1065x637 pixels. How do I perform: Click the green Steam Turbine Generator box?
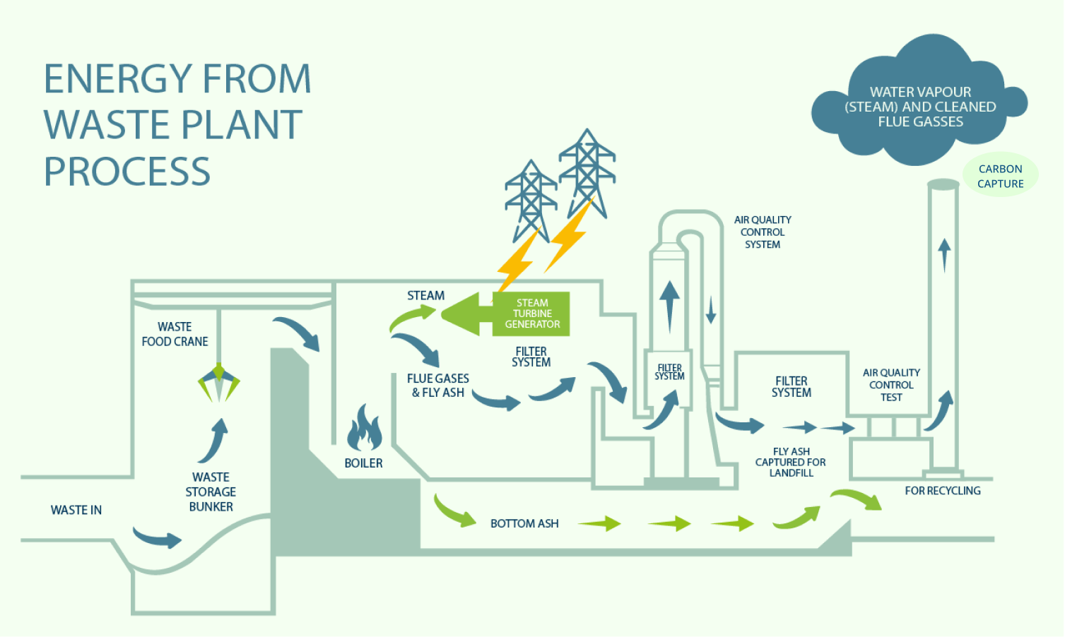pos(531,314)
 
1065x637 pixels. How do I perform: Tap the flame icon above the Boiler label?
pos(364,428)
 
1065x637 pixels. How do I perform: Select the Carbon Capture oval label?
pos(1001,176)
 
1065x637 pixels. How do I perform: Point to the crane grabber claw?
pos(218,382)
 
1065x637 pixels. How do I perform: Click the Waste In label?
pos(76,510)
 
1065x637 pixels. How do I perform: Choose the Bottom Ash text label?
pos(524,523)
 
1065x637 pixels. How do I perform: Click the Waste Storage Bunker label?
pos(211,492)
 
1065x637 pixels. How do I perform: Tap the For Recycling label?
pos(943,491)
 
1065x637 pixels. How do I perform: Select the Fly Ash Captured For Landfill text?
pos(791,462)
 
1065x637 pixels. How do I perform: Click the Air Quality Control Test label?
pos(891,385)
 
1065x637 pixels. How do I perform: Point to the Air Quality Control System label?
pos(763,232)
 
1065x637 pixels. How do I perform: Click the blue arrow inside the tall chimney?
pos(944,255)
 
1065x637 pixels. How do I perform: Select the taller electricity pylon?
pos(587,174)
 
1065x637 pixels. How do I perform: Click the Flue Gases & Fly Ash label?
pos(438,386)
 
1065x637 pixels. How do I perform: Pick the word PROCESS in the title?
pos(127,172)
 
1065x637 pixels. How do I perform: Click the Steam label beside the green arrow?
pos(425,295)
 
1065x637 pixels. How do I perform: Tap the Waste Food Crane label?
pos(175,334)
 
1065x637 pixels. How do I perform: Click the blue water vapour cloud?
pos(919,101)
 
